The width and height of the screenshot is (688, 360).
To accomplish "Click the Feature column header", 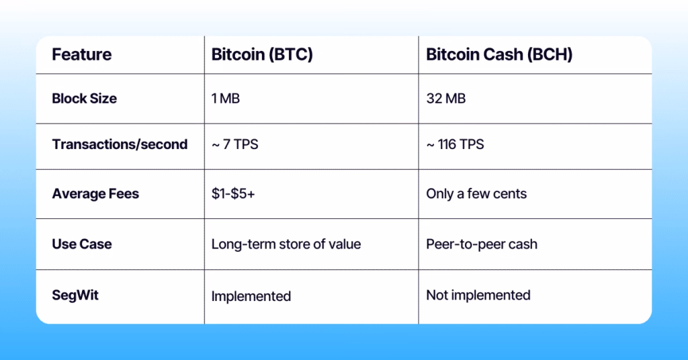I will click(x=82, y=54).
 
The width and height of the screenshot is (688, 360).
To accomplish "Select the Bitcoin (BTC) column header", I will click(x=262, y=54).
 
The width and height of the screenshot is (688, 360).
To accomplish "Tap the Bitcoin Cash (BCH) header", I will click(x=499, y=54).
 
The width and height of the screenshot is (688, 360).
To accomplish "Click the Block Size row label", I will click(x=85, y=99).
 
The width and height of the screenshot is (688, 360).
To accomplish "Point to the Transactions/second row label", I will click(x=120, y=144).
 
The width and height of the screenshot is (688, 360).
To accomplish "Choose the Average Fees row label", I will click(x=95, y=194).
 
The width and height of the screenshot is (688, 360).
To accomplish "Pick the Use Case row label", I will click(x=82, y=244).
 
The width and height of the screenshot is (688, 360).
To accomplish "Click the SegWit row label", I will click(x=75, y=295).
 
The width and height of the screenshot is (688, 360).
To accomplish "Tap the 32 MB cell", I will click(x=446, y=99).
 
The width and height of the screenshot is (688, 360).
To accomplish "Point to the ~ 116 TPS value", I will click(x=455, y=144).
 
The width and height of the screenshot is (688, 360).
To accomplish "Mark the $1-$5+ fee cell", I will click(x=233, y=194).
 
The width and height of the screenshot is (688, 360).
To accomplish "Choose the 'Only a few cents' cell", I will click(x=476, y=194).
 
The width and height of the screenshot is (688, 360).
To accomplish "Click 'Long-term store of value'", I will click(x=286, y=244).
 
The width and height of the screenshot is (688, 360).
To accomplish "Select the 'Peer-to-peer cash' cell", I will click(x=482, y=244).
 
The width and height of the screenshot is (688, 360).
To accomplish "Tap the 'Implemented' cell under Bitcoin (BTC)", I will click(x=251, y=296).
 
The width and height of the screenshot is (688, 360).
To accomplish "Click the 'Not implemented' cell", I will click(x=478, y=295).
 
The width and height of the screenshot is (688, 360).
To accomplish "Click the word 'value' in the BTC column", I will click(x=345, y=244).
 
